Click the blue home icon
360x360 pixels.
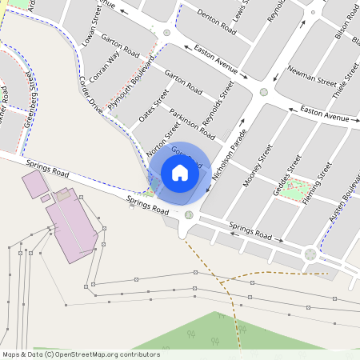tap(179, 173)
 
